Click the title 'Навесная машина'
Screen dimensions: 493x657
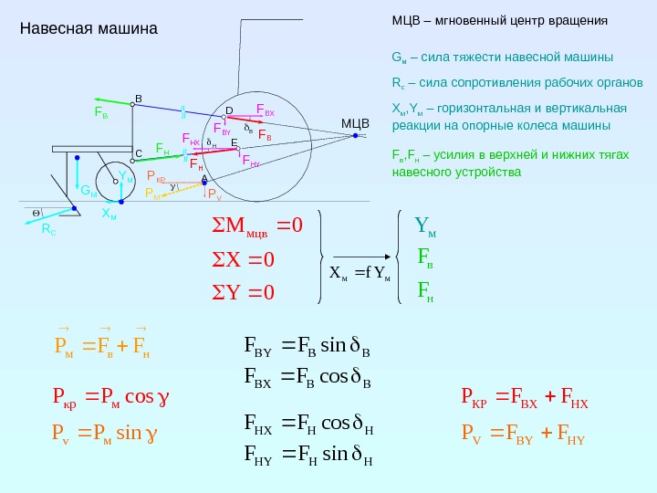[x=89, y=28]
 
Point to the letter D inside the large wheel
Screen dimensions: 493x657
[x=229, y=110]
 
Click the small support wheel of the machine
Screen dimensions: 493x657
[x=116, y=179]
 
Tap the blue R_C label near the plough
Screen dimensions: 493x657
[x=48, y=232]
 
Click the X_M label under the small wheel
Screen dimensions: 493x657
[x=109, y=215]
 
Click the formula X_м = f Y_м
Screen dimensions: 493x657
[x=359, y=272]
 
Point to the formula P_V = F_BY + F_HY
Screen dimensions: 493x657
[x=522, y=432]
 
